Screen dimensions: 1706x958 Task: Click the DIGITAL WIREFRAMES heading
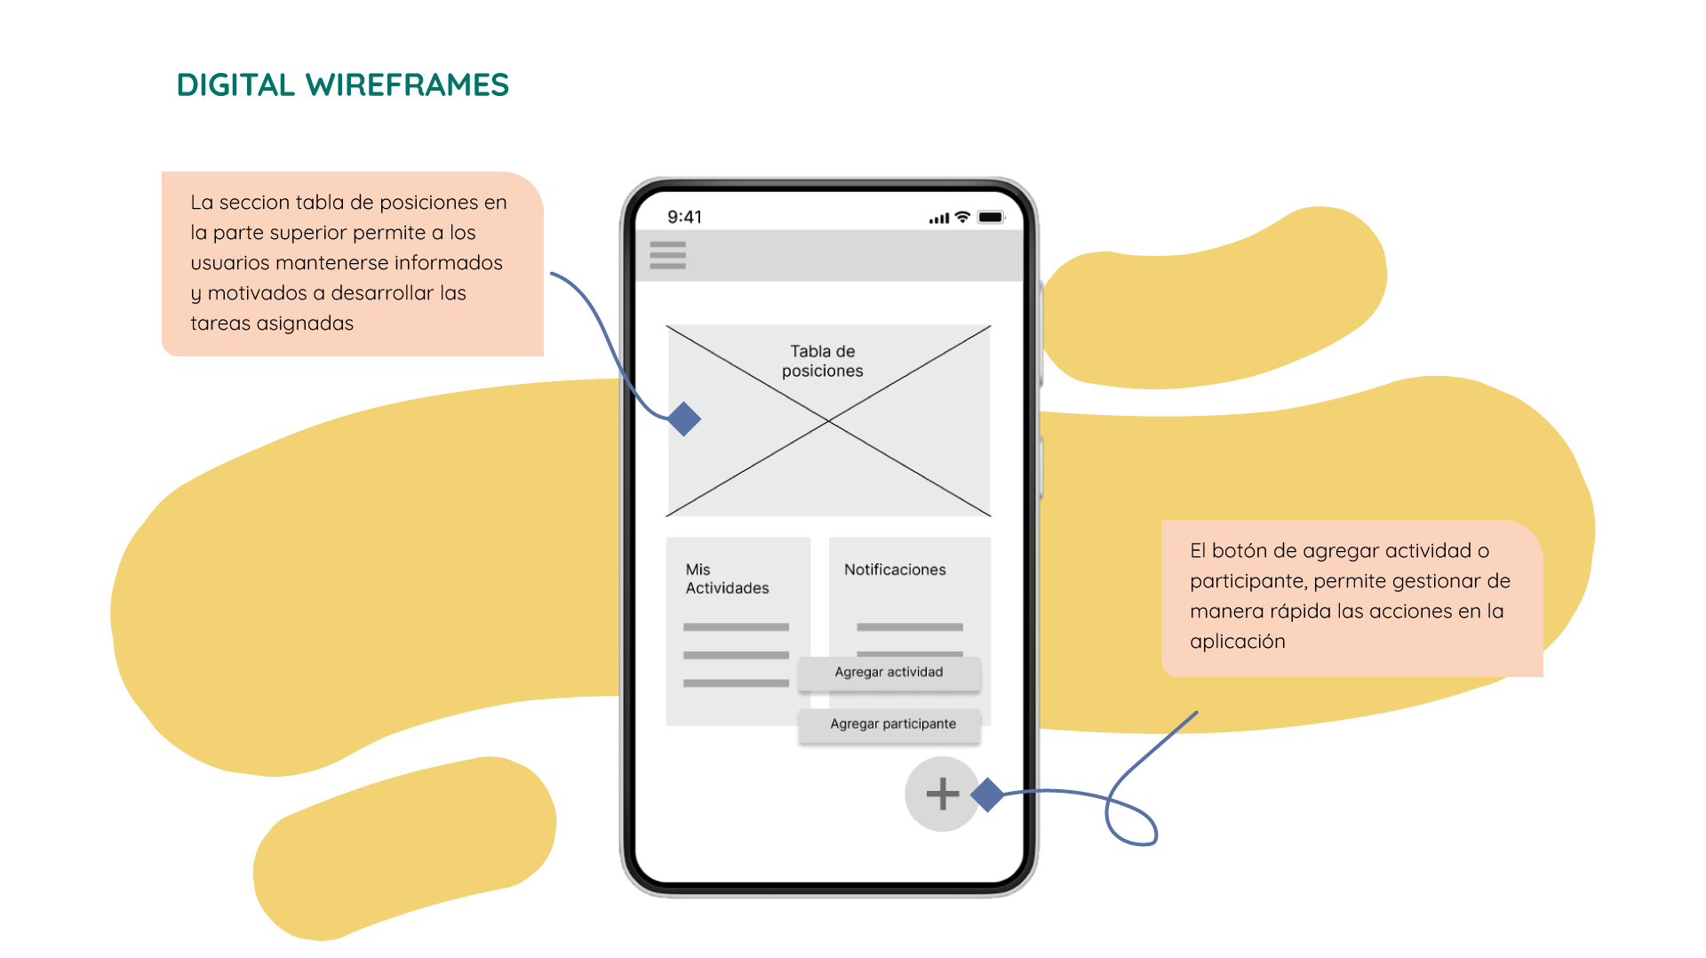click(x=342, y=85)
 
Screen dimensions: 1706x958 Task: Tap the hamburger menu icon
click(x=667, y=255)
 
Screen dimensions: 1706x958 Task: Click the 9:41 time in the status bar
click(x=684, y=217)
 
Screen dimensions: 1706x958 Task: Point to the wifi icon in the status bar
click(x=961, y=217)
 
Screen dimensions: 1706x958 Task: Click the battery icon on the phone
click(x=991, y=217)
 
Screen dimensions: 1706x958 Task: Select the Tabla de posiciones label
click(x=822, y=361)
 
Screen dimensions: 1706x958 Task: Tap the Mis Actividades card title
click(x=726, y=579)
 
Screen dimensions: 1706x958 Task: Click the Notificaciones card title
click(x=894, y=570)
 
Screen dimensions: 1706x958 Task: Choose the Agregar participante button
click(x=892, y=724)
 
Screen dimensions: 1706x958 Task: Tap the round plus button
click(x=942, y=794)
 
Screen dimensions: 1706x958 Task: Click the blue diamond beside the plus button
click(x=987, y=794)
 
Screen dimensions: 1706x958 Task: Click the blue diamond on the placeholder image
click(x=684, y=419)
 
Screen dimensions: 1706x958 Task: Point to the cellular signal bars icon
click(x=938, y=219)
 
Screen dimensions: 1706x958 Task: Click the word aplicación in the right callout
click(x=1237, y=642)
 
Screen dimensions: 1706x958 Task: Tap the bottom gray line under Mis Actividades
click(x=736, y=683)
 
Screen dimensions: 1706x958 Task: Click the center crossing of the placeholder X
click(x=828, y=421)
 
